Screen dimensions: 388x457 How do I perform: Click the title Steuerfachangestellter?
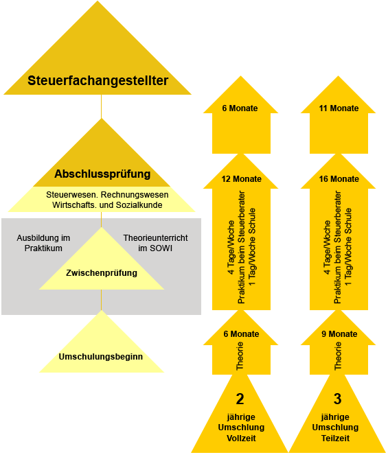(98, 81)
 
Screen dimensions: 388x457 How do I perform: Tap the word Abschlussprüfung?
(102, 174)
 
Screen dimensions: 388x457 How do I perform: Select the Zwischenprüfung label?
(102, 273)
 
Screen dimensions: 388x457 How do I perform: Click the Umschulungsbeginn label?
(101, 357)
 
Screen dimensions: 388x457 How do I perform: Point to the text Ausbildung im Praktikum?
(43, 243)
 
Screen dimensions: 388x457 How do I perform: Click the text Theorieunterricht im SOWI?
(155, 243)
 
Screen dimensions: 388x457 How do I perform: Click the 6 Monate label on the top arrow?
(240, 108)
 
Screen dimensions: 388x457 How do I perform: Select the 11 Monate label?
(339, 108)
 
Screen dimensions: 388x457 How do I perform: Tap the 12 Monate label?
(241, 179)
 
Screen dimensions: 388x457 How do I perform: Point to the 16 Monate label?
(339, 179)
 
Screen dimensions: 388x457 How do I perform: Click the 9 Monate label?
(339, 334)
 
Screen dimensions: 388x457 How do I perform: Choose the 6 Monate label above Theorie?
(241, 334)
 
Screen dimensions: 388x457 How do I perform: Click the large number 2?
(240, 399)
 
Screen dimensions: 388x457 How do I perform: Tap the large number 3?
(338, 399)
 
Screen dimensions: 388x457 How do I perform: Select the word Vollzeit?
(241, 438)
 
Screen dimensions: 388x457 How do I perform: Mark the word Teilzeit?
(336, 438)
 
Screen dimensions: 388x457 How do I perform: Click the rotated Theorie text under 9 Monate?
(338, 356)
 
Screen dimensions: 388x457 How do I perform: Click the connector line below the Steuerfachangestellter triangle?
(101, 106)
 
